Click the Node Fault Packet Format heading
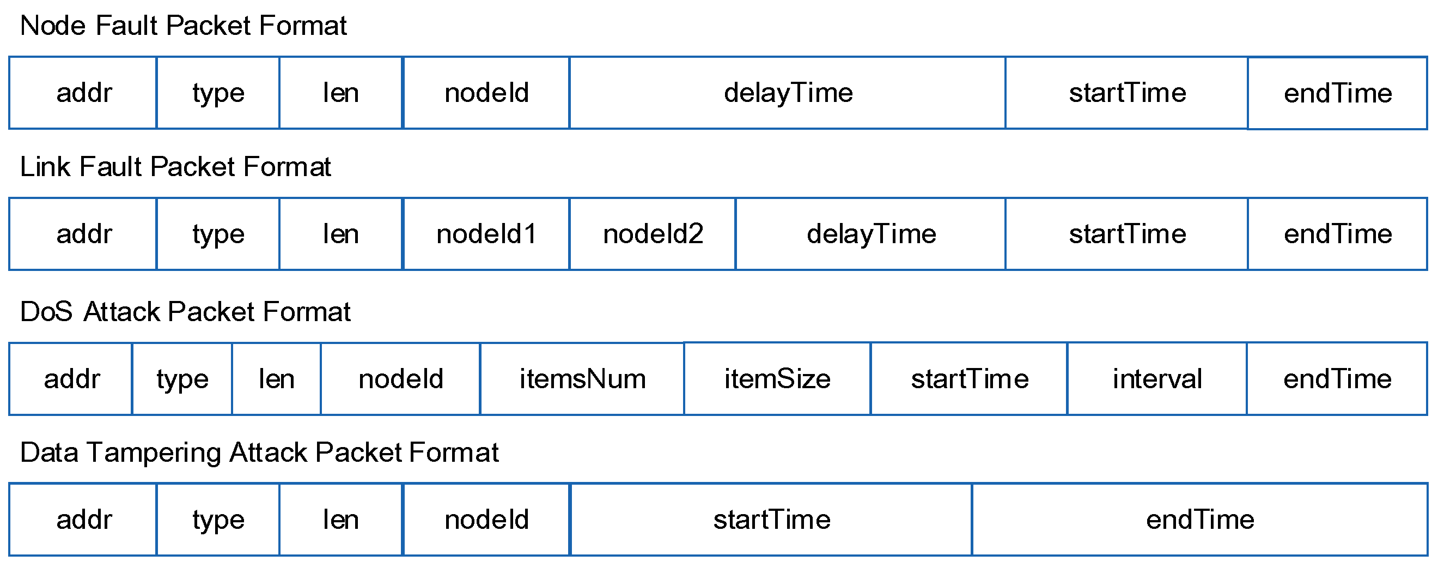[183, 26]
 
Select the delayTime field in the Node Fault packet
[788, 93]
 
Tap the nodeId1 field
[486, 234]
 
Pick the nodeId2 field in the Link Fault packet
[653, 234]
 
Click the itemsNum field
[582, 379]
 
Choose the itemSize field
[777, 379]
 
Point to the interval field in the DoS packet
[1156, 379]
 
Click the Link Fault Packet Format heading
[175, 167]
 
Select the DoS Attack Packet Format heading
[185, 312]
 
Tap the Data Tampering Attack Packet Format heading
[259, 453]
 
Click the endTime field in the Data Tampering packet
[1199, 520]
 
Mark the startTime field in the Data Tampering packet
[771, 520]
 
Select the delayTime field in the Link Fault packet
[871, 234]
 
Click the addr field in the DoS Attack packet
[71, 379]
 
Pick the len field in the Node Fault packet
[340, 93]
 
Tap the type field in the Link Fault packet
[218, 234]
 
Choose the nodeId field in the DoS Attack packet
[401, 379]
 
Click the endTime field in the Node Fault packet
[1338, 93]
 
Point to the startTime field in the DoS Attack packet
[970, 379]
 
